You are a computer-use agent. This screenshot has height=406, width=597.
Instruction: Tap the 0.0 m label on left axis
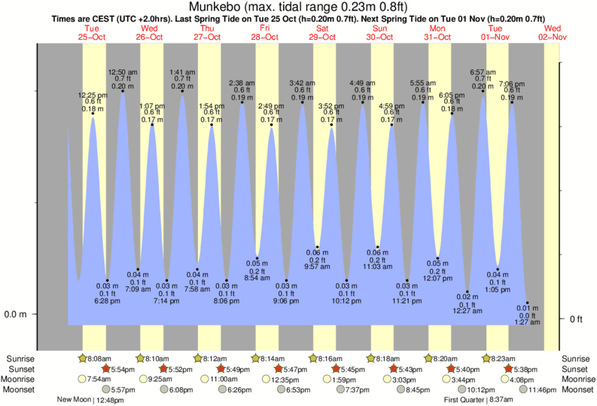(x=16, y=314)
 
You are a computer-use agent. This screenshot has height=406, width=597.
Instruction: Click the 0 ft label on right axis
(x=576, y=319)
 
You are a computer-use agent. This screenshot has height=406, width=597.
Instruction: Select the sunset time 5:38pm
(x=524, y=369)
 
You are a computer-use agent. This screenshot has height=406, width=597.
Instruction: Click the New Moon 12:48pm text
(x=90, y=400)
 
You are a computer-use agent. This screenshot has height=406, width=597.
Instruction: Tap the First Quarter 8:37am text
(x=477, y=400)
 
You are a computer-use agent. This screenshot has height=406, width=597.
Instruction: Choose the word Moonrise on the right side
(x=575, y=380)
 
